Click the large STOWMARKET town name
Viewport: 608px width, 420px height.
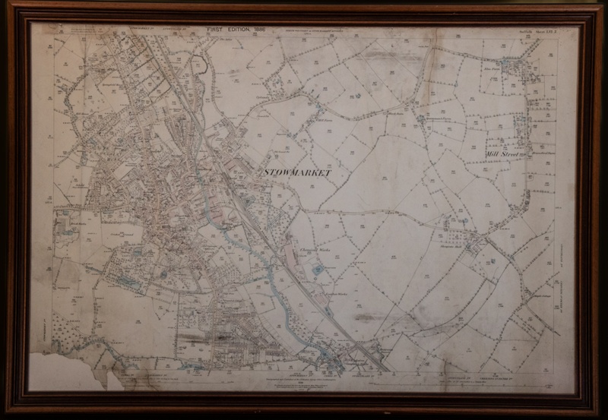coord(298,173)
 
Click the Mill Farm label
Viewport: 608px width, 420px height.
coord(325,120)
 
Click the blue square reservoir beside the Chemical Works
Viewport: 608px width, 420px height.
coord(316,268)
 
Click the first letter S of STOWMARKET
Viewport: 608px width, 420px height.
coord(265,173)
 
